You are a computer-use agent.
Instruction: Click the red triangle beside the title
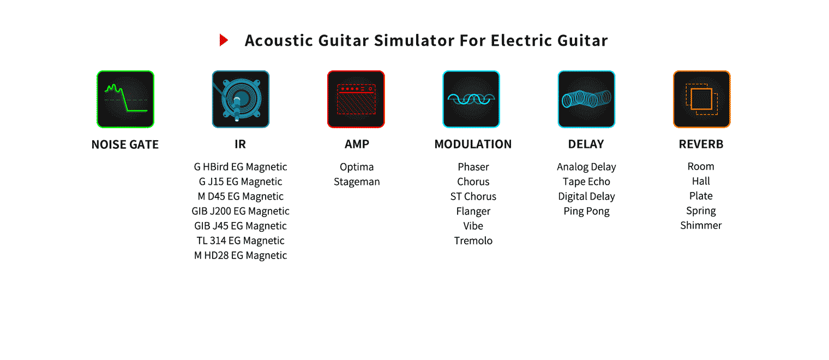click(x=223, y=40)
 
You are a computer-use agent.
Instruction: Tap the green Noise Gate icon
click(x=125, y=99)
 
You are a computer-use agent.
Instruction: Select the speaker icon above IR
click(x=241, y=99)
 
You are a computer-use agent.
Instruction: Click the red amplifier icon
click(x=356, y=99)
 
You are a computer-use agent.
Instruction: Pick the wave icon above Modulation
click(x=471, y=99)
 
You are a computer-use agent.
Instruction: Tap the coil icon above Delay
click(x=587, y=99)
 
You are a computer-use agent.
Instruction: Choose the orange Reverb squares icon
click(x=702, y=99)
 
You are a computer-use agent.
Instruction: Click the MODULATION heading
click(x=473, y=144)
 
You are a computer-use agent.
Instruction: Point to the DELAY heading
click(x=586, y=144)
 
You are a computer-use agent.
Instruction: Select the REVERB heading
click(x=701, y=144)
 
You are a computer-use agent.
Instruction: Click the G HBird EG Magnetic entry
click(x=241, y=167)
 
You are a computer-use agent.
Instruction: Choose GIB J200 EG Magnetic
click(x=241, y=211)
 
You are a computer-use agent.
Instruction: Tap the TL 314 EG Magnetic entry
click(x=241, y=241)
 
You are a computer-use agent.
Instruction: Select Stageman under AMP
click(x=357, y=182)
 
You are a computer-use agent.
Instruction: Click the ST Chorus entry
click(x=473, y=196)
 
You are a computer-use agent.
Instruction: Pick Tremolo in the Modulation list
click(x=473, y=241)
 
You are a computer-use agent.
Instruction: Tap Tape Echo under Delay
click(x=587, y=182)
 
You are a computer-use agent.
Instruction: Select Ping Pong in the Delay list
click(x=587, y=211)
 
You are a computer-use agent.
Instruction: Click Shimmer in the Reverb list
click(x=701, y=225)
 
